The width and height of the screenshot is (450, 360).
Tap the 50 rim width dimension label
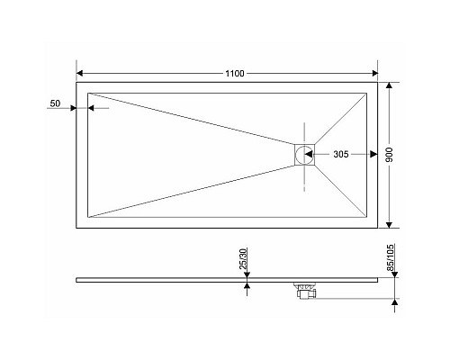coord(56,104)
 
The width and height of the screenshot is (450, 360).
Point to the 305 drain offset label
coord(341,155)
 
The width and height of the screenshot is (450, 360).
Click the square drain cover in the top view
coord(305,155)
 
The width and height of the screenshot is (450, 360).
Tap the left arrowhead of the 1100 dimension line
coord(78,71)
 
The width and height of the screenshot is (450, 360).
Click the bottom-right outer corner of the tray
coord(378,228)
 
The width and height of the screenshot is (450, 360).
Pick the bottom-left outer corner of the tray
coord(76,228)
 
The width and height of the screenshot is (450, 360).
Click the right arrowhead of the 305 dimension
coord(364,155)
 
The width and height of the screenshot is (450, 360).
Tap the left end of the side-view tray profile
coord(75,277)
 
